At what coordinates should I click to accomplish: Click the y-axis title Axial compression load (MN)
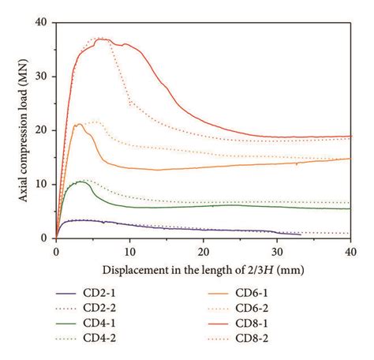(21, 129)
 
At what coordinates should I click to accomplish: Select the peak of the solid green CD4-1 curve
(80, 182)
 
